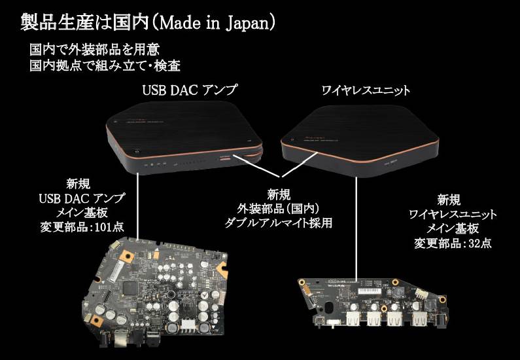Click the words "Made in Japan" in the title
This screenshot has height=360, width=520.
tap(216, 23)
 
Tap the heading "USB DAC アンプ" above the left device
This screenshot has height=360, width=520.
tap(190, 90)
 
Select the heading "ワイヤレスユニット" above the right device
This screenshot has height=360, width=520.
tap(366, 90)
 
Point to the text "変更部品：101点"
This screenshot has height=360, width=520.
tap(82, 227)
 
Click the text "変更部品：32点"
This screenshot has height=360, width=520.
tap(453, 243)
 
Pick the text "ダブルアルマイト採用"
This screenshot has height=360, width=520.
tap(279, 223)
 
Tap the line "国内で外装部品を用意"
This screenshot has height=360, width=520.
tap(94, 50)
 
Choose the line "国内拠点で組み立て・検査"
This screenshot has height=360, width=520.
tap(105, 65)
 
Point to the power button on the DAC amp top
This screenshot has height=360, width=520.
tap(137, 152)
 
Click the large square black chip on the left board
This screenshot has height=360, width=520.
tap(130, 288)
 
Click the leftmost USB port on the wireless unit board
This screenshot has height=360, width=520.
tap(354, 318)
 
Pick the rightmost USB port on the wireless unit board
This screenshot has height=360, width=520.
tap(419, 318)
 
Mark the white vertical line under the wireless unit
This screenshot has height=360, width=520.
tap(356, 229)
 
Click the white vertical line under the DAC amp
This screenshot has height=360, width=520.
tap(137, 206)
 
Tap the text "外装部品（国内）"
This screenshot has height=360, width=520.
tap(279, 208)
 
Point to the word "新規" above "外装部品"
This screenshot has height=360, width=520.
tap(279, 194)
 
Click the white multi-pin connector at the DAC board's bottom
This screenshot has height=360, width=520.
tap(190, 324)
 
